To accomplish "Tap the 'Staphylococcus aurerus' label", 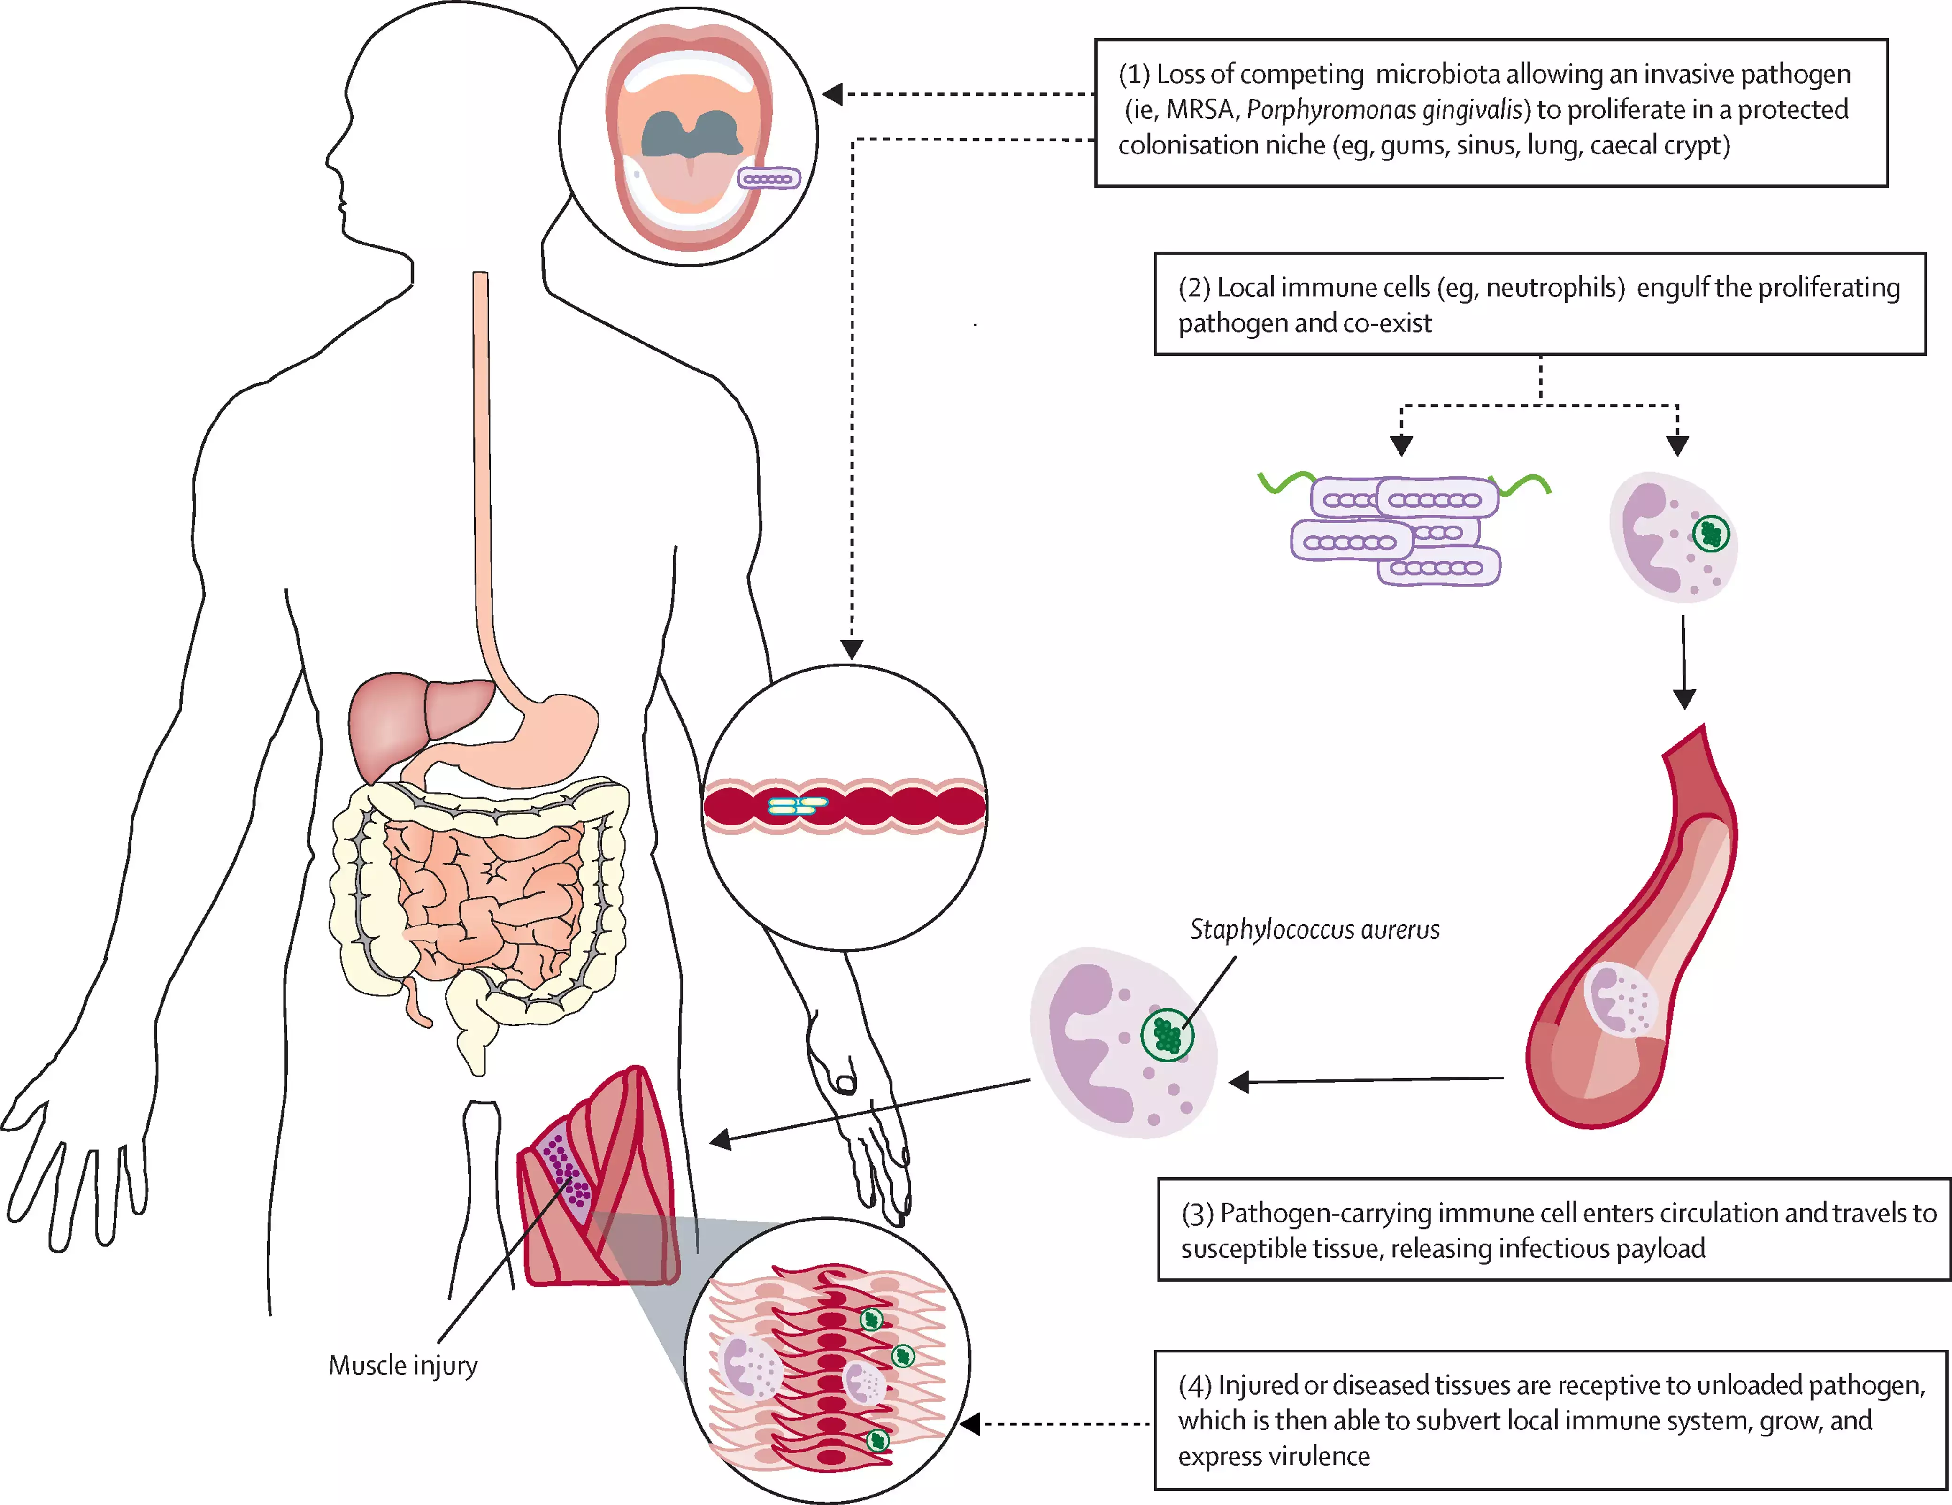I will pos(1314,930).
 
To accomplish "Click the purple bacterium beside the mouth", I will pos(769,179).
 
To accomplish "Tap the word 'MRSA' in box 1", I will pos(1199,110).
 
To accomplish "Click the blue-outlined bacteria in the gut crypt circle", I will pos(795,806).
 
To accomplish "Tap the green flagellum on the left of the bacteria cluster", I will pos(1285,483).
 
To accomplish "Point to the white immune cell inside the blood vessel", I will pos(1620,998).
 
